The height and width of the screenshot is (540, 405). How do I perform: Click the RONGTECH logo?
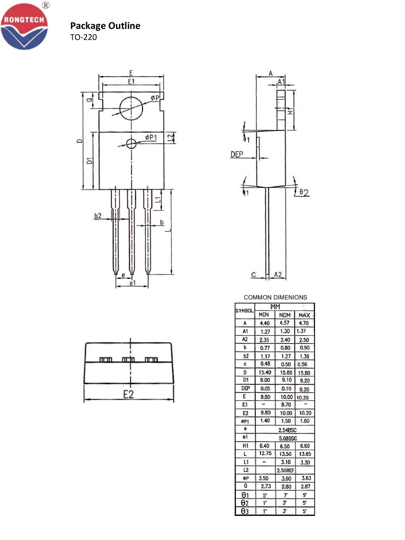24,26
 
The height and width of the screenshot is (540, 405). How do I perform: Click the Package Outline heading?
105,26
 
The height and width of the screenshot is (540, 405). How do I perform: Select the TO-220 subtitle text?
83,37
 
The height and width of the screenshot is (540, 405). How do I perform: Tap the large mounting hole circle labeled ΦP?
131,108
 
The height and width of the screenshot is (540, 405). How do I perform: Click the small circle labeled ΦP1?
131,144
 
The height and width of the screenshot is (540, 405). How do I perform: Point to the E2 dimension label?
129,394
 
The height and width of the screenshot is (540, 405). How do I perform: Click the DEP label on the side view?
237,154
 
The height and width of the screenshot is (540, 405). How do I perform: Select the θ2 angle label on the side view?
304,193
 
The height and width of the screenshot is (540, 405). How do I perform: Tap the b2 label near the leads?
98,216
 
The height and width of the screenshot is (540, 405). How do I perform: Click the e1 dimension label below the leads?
132,283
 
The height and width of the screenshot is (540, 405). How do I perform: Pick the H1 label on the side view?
290,111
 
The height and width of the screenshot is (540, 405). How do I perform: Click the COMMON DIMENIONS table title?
275,297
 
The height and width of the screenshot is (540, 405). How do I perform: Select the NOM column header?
285,315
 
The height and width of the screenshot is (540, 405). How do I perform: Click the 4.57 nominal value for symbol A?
285,323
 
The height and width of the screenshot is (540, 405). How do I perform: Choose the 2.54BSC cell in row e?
287,430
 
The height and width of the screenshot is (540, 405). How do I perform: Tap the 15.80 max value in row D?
304,373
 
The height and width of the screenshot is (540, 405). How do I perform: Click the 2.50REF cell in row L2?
285,470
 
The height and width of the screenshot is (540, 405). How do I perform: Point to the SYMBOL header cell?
244,311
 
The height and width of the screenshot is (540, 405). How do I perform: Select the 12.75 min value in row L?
265,453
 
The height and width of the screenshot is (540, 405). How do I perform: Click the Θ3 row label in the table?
245,511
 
